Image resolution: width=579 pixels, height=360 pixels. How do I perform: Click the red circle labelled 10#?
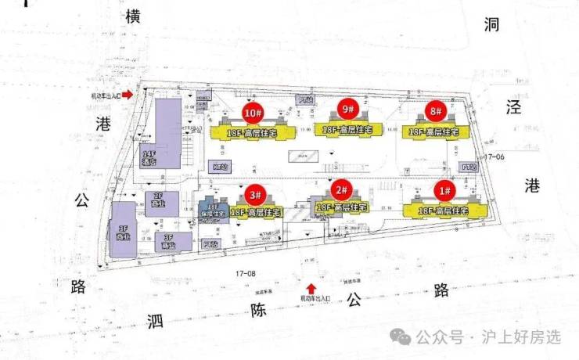coord(252,113)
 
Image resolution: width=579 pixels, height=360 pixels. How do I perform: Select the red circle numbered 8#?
coord(436,110)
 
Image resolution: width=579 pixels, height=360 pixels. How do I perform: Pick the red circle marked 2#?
coord(341,189)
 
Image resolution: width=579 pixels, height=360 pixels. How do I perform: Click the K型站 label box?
coord(220,167)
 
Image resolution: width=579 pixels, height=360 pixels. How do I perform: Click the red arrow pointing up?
coord(311,288)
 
